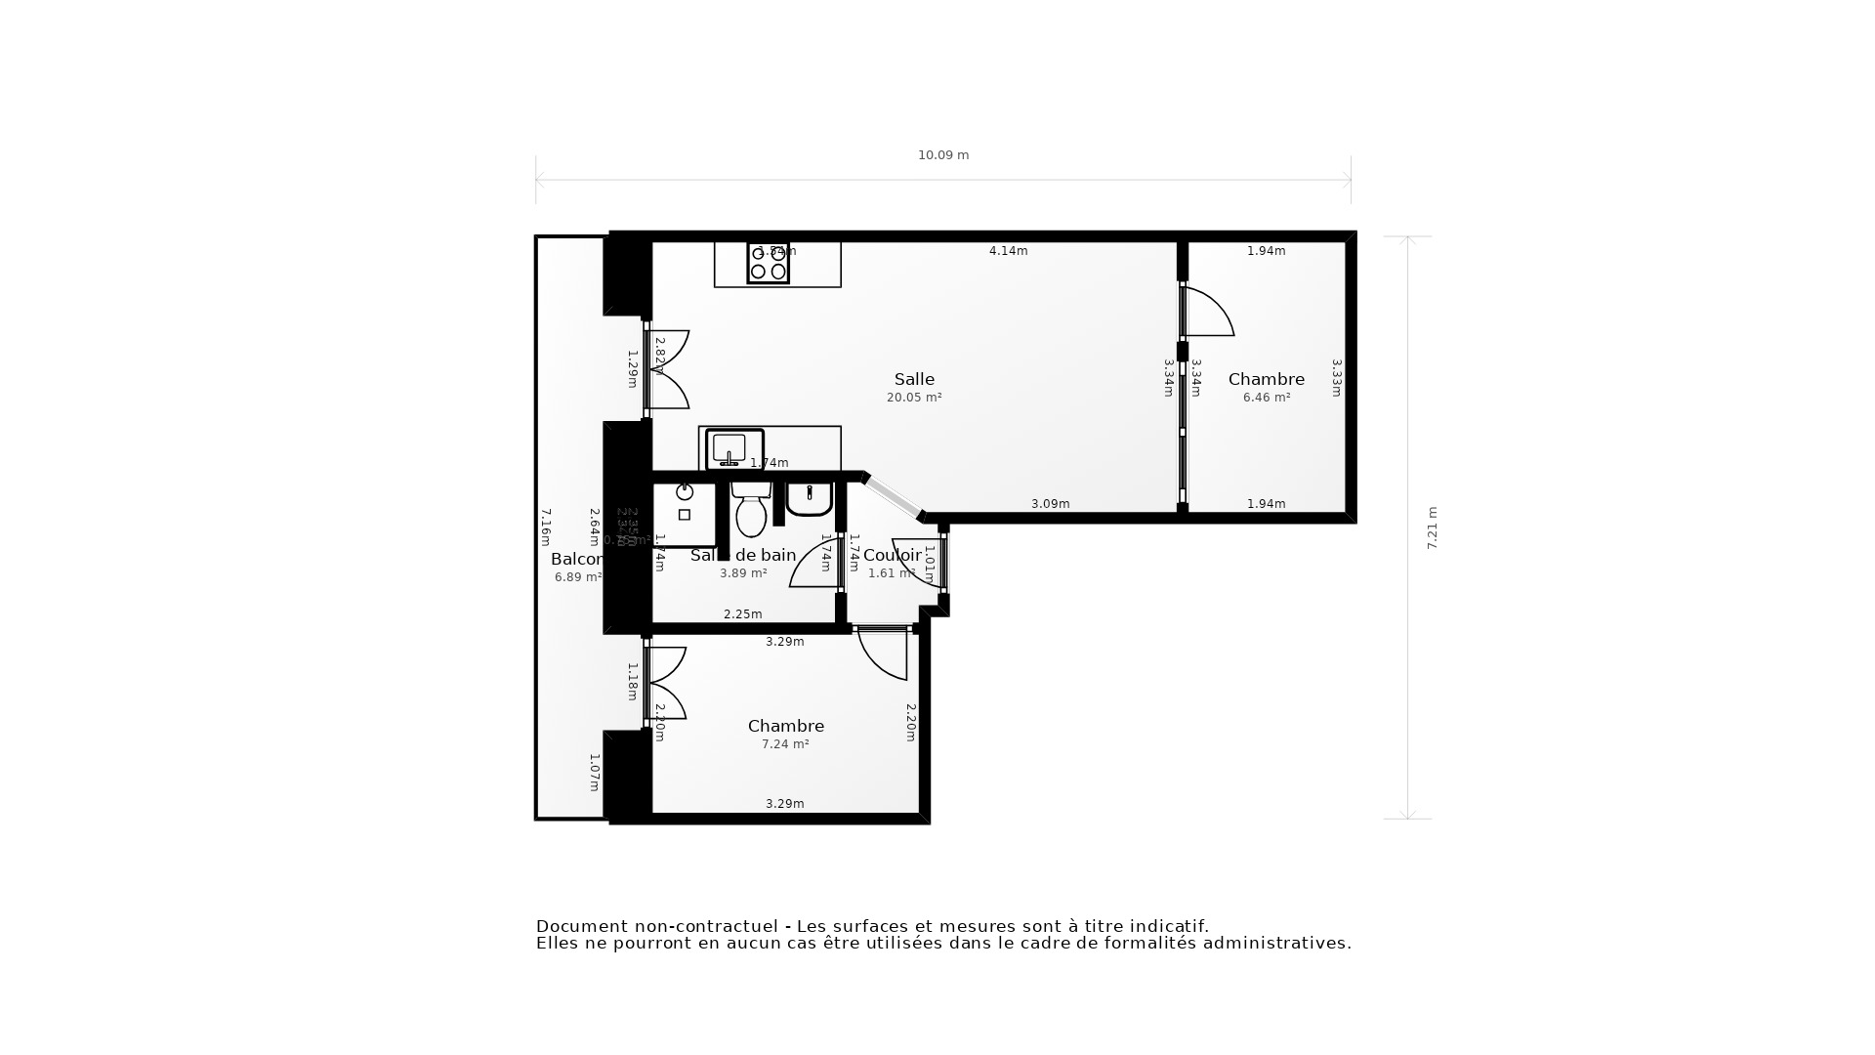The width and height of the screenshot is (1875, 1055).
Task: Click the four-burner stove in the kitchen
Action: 768,263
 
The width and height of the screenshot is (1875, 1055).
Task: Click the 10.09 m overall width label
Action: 942,155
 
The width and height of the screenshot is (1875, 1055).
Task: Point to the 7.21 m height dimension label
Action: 1433,527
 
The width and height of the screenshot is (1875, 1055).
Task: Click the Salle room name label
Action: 914,380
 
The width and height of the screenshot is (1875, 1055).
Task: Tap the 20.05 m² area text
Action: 914,398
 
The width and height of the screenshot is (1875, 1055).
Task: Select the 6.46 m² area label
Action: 1266,398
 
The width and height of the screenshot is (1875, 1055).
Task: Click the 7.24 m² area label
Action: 785,744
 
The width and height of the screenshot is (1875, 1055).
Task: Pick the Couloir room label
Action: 892,555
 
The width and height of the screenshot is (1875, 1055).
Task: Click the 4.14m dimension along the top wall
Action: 1008,251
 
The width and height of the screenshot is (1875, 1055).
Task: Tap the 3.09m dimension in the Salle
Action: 1050,504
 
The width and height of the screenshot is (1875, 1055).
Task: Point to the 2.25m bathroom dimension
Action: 742,614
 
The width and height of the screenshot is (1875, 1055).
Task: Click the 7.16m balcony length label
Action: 546,527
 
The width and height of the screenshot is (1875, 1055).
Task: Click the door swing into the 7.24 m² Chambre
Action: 886,654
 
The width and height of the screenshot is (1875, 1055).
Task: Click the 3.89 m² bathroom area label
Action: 743,573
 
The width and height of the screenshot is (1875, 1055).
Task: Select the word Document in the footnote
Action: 581,926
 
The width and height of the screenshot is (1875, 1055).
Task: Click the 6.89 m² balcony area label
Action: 578,577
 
